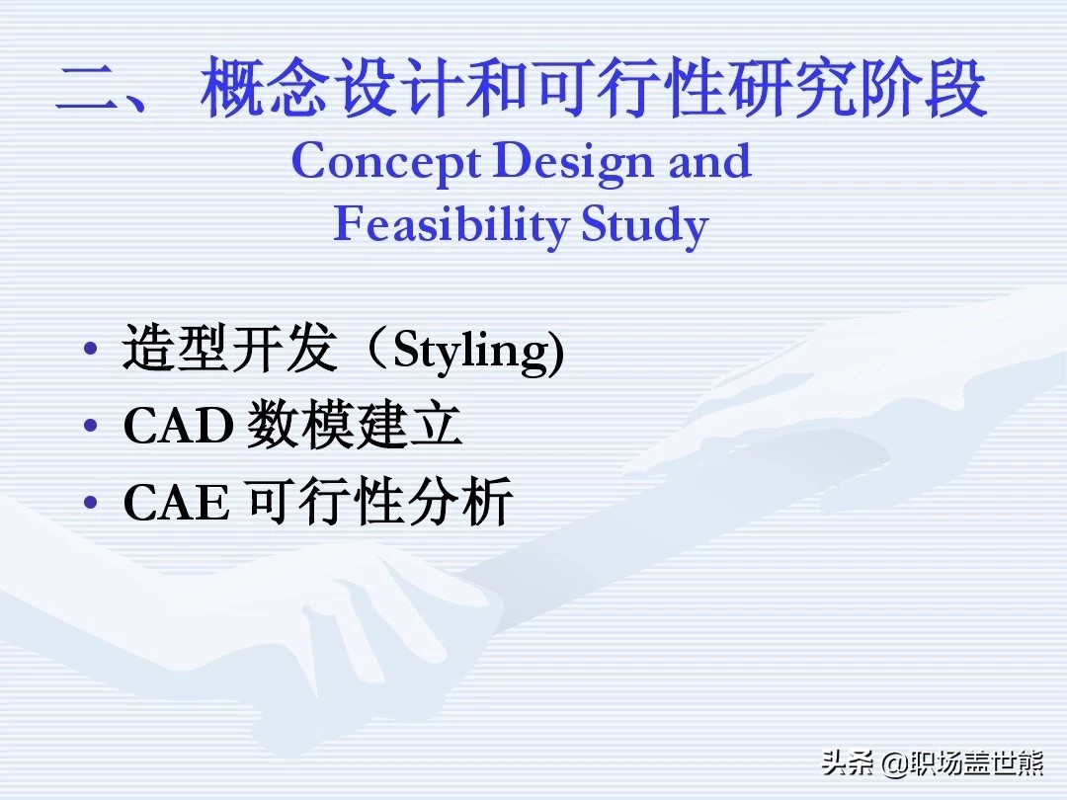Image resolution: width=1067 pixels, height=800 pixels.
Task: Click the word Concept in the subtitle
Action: coord(386,163)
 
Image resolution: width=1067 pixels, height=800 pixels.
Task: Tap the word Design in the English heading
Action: coord(573,163)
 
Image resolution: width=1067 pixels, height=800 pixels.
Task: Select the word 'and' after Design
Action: coord(709,161)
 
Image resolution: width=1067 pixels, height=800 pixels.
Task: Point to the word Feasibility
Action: coord(451,224)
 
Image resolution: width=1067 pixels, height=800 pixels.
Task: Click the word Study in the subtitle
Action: coord(645,225)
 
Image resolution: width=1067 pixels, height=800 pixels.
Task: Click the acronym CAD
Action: coord(178,427)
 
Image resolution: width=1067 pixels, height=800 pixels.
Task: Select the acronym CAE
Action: coord(176,503)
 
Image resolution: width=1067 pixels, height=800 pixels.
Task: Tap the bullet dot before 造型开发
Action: coord(91,349)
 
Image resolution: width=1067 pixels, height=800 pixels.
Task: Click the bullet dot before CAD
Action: coord(91,426)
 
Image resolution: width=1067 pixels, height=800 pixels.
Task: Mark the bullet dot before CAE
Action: coord(91,503)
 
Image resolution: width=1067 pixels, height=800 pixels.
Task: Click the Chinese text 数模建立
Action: coord(354,425)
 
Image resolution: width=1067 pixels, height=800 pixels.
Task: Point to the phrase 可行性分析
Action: coord(379,502)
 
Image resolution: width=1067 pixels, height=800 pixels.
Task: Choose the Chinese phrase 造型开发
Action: coord(230,348)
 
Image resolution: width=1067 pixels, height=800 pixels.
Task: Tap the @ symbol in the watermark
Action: coord(893,763)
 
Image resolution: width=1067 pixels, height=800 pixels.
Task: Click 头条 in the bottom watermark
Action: coord(848,763)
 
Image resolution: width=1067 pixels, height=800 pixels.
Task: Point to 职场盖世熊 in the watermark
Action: coord(976,763)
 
